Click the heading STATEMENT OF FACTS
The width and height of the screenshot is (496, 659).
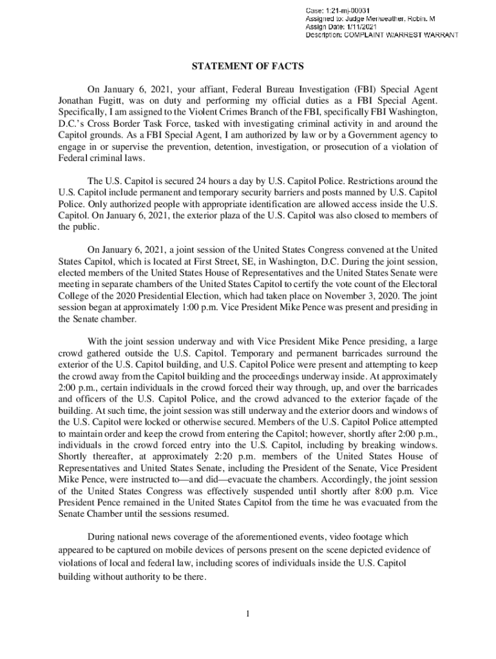248,66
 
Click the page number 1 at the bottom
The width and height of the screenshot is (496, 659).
247,612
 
